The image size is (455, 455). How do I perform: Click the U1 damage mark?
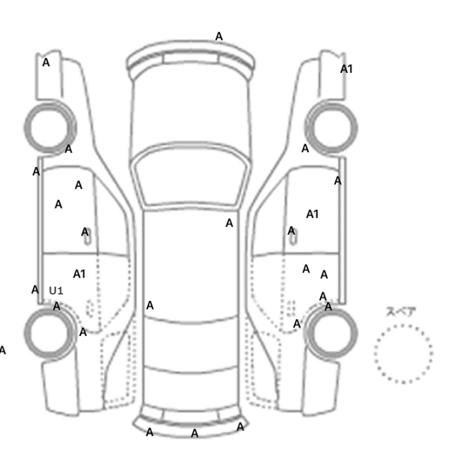[x=56, y=291]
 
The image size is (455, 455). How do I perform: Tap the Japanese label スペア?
[x=397, y=312]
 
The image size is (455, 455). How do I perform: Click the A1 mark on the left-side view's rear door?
[x=79, y=274]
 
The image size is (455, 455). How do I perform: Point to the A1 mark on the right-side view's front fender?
[x=346, y=69]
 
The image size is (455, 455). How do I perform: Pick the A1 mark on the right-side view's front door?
[x=312, y=214]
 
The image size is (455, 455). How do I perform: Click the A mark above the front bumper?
[x=219, y=36]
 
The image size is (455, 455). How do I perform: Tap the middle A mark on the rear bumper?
[x=195, y=434]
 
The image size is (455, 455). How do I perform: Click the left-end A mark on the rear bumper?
[x=149, y=432]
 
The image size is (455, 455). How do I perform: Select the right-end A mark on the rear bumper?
[x=240, y=427]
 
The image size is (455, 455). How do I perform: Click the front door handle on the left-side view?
[x=87, y=237]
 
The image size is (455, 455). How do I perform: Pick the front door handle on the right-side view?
[x=293, y=237]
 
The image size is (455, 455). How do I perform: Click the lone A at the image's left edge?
[x=3, y=350]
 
